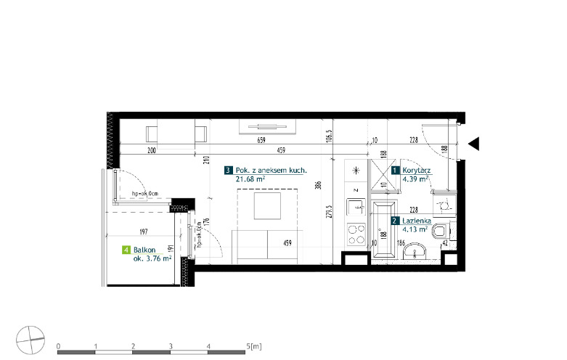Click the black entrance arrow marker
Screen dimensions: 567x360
[x=474, y=144]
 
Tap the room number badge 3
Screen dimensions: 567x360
[x=228, y=171]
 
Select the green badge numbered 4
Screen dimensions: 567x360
[x=126, y=250]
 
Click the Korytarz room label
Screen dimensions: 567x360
[x=417, y=171]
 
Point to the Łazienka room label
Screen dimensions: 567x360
[x=417, y=221]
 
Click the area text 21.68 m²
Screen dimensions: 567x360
[x=250, y=179]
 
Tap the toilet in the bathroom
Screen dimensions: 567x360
[x=441, y=230]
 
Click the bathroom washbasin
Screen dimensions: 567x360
[x=415, y=251]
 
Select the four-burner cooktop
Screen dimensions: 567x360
[x=356, y=234]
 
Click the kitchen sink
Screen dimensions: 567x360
[x=356, y=208]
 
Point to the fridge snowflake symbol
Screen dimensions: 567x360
[x=356, y=171]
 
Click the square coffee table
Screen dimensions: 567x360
[x=267, y=205]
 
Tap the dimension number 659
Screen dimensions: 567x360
[x=261, y=140]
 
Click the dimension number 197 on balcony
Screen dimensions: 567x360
[x=144, y=232]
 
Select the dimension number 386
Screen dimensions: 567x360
[x=318, y=185]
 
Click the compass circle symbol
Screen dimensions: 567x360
[x=30, y=340]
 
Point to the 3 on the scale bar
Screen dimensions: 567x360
[x=171, y=346]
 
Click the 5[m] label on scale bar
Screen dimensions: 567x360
[x=254, y=346]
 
